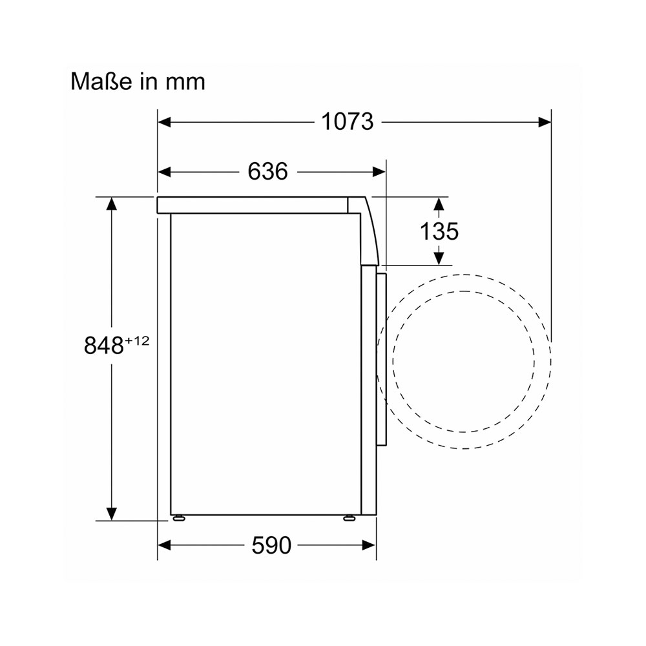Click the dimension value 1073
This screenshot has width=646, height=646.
pyautogui.click(x=348, y=122)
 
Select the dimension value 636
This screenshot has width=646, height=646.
pyautogui.click(x=268, y=171)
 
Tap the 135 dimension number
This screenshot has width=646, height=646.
pyautogui.click(x=439, y=231)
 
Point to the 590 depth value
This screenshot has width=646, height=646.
pyautogui.click(x=271, y=545)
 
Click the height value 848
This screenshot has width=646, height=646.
pyautogui.click(x=104, y=345)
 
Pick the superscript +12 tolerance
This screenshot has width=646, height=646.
pyautogui.click(x=137, y=341)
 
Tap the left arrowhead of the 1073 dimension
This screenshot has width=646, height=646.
pyautogui.click(x=164, y=122)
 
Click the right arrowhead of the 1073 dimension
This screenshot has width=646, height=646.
pyautogui.click(x=545, y=122)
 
